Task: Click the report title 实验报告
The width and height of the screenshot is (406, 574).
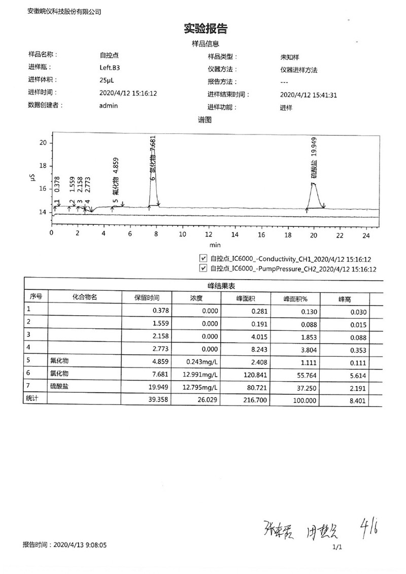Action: (x=205, y=29)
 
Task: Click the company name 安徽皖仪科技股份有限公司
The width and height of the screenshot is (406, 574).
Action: (x=64, y=11)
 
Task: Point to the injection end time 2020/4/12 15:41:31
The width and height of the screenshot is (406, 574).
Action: (x=309, y=95)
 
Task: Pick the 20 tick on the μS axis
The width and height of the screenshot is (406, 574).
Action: (x=43, y=143)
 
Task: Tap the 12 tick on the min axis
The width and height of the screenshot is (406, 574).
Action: (x=209, y=234)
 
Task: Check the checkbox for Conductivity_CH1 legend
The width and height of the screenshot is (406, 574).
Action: (x=204, y=258)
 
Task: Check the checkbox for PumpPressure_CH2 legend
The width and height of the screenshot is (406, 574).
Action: (x=204, y=268)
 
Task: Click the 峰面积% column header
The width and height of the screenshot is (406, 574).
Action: (x=295, y=298)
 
